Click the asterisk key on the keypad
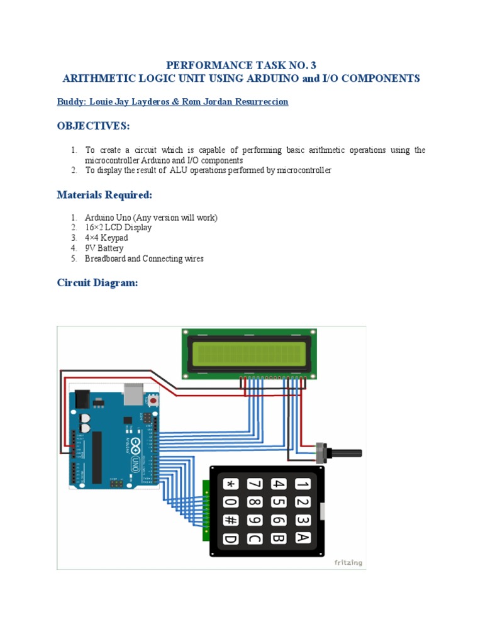231,484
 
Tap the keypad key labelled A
303,538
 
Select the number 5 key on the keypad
279,502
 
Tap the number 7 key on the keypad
255,484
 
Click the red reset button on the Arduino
153,400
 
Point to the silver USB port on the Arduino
131,394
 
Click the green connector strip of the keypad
206,510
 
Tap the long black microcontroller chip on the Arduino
97,457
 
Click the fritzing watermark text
347,562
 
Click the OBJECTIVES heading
93,126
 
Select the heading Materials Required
104,195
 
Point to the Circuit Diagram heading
97,283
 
